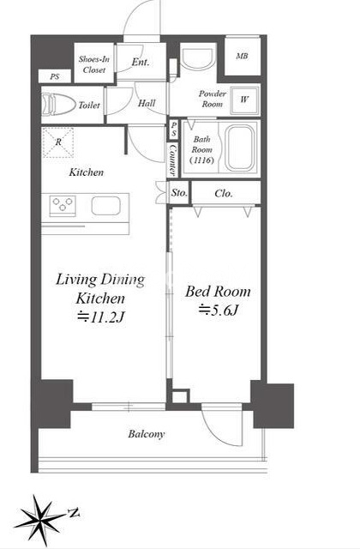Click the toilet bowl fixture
(58, 105)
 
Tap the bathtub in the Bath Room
(240, 148)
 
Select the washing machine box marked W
(244, 100)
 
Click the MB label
(242, 56)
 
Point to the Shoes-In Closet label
(93, 64)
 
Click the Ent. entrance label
(141, 63)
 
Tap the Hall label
(147, 103)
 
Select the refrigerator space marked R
(58, 142)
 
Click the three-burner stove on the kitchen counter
(63, 206)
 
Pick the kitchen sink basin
(106, 206)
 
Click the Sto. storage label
(179, 193)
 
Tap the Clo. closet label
(224, 193)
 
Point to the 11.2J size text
(101, 317)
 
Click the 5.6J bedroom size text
(219, 310)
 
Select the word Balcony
(147, 434)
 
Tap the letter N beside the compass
(74, 513)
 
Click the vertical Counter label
(173, 160)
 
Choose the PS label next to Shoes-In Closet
(55, 76)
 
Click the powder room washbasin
(197, 59)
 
